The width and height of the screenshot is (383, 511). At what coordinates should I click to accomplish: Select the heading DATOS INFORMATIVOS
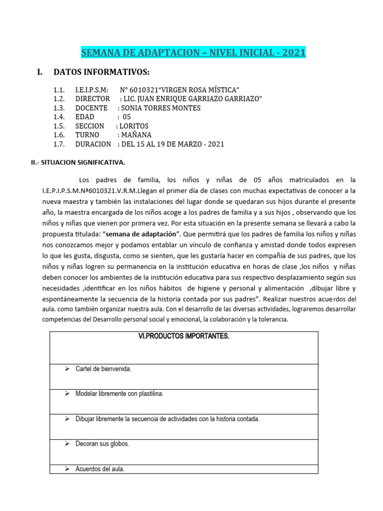coord(101,72)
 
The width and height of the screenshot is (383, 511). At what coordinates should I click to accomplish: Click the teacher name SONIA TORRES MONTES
coord(161,108)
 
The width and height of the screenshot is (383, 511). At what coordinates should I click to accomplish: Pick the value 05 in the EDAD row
coord(126,117)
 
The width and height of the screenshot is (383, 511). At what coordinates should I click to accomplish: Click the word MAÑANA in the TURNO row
coord(136,135)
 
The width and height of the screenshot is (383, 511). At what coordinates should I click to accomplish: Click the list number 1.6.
coord(59,135)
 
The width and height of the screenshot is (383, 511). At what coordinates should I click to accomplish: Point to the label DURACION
coord(93,144)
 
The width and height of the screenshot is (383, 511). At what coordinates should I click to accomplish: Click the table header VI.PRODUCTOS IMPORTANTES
coord(184,336)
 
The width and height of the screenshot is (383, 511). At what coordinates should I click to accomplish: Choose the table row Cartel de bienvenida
coord(103,369)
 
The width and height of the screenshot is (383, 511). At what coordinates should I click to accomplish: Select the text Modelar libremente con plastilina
coord(119,394)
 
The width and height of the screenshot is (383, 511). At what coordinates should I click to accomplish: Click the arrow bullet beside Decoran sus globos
coord(67,444)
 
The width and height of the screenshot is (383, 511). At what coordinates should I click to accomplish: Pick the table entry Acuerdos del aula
coord(100,469)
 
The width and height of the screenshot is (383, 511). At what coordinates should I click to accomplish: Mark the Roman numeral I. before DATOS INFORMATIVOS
coord(40,72)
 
